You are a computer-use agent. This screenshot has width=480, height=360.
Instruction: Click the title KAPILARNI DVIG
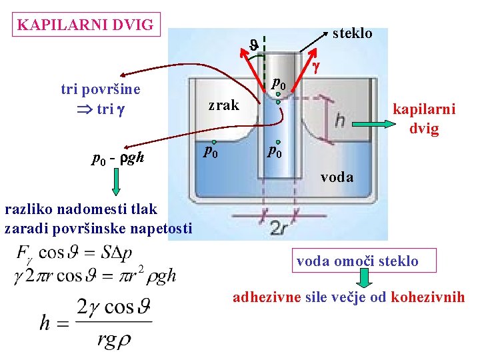(86, 26)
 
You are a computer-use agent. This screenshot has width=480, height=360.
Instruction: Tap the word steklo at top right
(351, 33)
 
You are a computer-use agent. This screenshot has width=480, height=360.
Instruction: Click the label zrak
(223, 105)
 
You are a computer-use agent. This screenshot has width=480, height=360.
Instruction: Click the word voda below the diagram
(337, 177)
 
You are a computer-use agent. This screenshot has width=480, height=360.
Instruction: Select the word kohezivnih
(428, 297)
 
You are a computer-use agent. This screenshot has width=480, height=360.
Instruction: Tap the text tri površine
(100, 90)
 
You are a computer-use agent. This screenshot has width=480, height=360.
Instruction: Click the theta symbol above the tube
(254, 45)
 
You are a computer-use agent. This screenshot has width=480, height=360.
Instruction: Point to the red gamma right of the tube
(317, 66)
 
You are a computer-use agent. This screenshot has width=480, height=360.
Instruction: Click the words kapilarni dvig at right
(424, 118)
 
